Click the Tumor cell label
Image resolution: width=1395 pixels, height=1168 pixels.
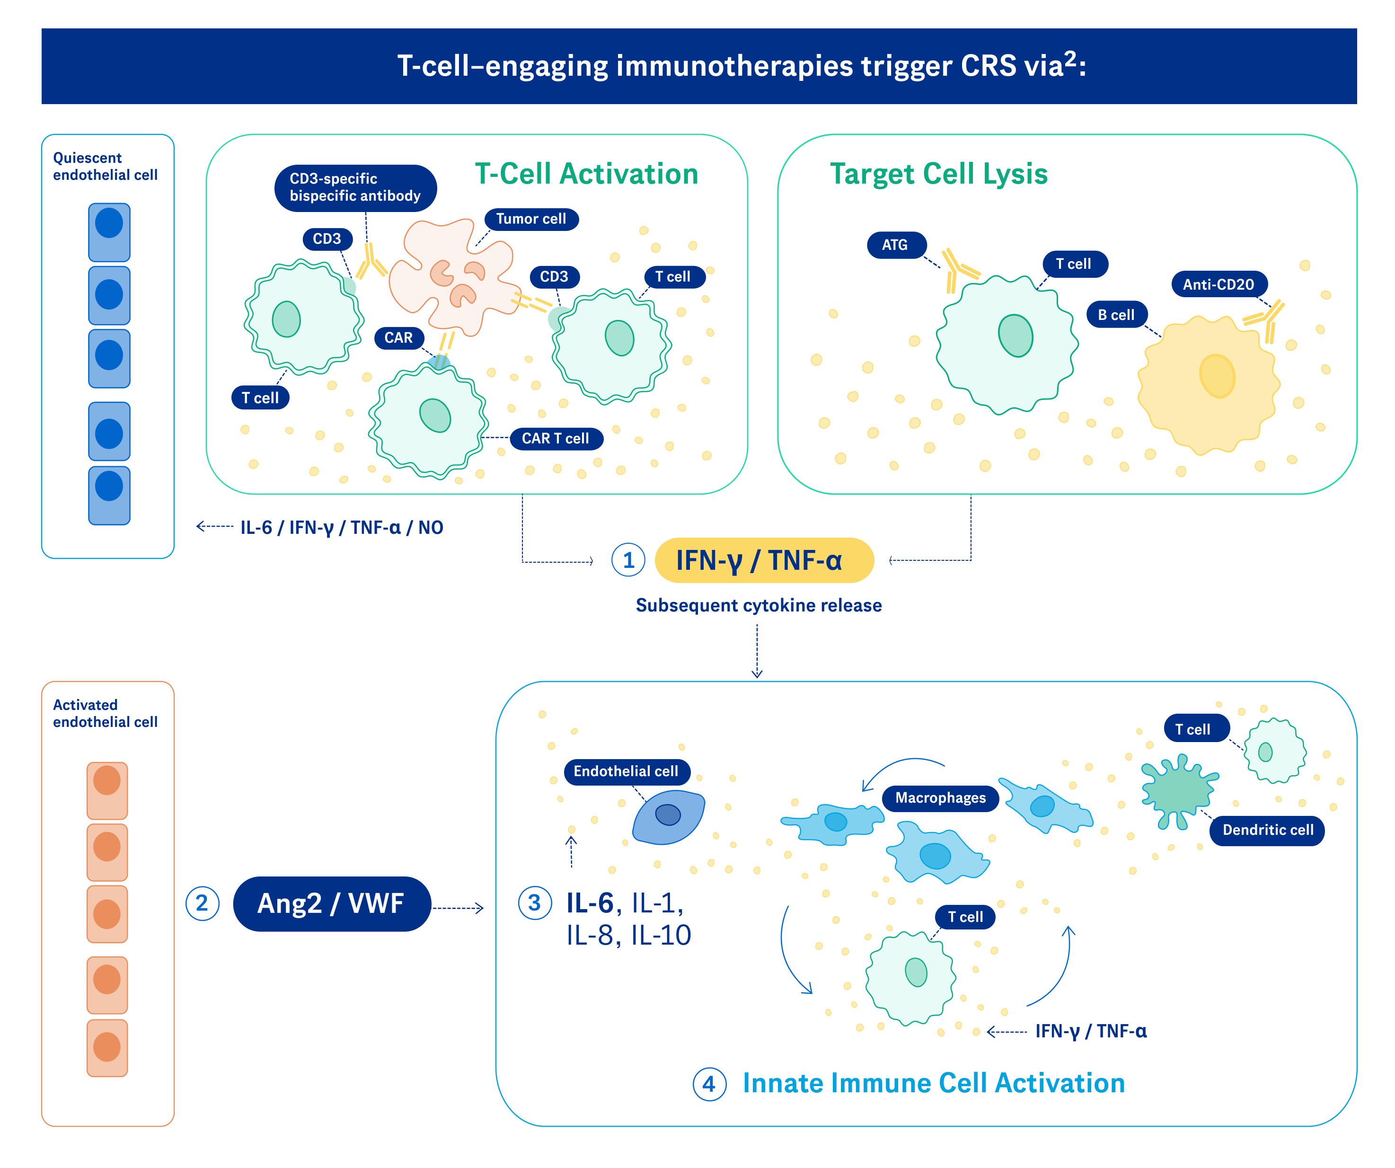531,219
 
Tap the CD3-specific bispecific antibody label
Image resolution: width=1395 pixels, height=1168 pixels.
355,188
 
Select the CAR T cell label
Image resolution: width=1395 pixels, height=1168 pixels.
556,439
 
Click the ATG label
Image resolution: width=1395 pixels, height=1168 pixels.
895,245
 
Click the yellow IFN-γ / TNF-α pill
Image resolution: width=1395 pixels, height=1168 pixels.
763,560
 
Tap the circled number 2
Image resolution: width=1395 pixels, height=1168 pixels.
202,903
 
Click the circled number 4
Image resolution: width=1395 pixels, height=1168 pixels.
709,1084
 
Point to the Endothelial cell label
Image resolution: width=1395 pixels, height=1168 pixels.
626,771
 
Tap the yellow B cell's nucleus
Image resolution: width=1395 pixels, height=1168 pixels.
1217,376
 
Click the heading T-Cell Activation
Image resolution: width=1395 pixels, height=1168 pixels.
586,174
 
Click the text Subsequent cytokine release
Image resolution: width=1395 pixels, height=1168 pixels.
759,605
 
